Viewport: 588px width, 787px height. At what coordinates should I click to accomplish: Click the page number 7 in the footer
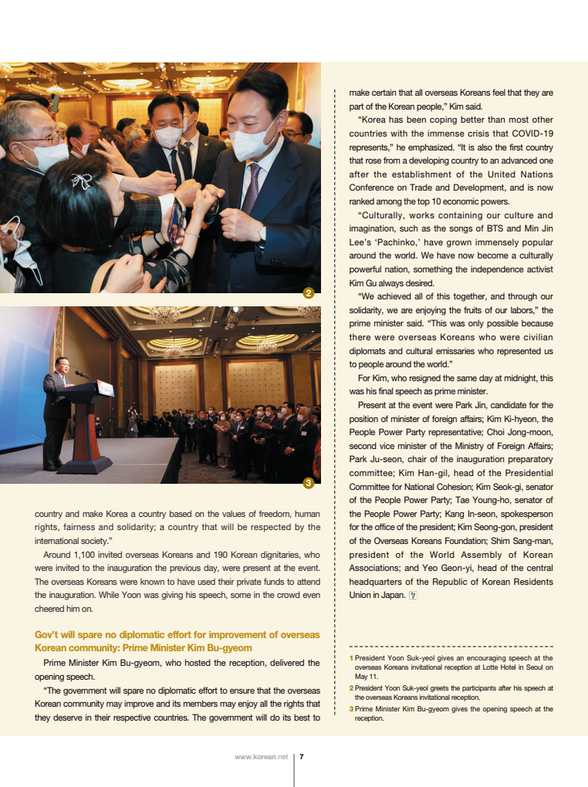[301, 757]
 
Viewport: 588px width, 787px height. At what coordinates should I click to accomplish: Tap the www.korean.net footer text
[261, 757]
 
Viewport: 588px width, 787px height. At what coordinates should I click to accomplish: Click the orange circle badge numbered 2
[308, 293]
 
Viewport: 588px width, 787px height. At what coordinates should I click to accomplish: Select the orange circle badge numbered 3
[308, 483]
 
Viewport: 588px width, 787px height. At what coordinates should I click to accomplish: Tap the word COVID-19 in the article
[527, 133]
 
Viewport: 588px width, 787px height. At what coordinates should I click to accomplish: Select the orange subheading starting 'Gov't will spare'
[177, 641]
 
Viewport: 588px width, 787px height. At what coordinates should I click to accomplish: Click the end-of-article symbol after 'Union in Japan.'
[413, 595]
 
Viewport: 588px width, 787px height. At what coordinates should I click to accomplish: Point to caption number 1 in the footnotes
[351, 658]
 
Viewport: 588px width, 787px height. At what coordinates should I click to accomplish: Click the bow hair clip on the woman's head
[82, 181]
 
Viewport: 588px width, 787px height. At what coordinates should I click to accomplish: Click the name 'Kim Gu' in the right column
[362, 282]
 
